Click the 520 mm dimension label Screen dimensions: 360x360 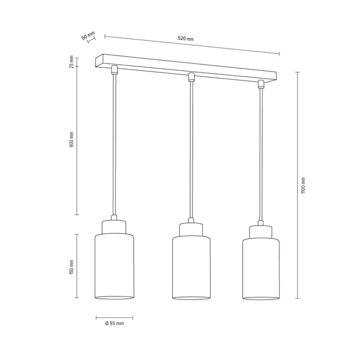pos(187,39)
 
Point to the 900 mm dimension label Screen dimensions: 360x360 pos(71,140)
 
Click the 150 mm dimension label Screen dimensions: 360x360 pos(71,267)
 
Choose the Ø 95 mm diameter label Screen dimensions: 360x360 pos(114,323)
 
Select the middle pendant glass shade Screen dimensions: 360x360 pos(191,269)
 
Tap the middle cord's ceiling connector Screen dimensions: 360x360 pos(191,77)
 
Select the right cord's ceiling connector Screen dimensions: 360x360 pos(261,84)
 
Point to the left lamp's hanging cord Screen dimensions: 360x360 pos(113,144)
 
